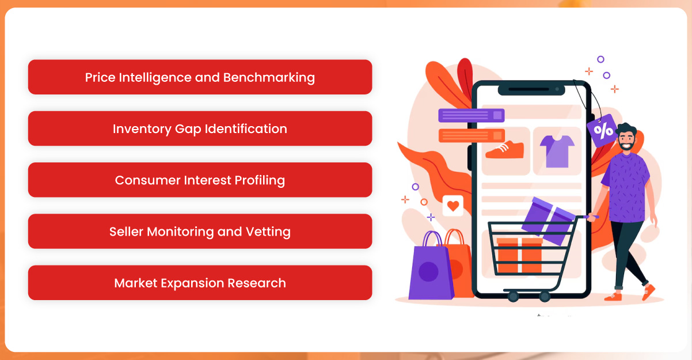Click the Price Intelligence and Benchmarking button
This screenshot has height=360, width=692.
click(200, 77)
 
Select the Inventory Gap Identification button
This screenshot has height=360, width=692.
click(200, 128)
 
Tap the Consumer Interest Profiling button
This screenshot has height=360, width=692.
click(200, 180)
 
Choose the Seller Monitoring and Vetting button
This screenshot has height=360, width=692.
click(200, 232)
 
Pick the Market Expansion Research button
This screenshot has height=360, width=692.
click(200, 283)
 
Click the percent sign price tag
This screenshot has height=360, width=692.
click(603, 130)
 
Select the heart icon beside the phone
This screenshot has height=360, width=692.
click(453, 206)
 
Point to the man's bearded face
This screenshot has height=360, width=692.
click(626, 138)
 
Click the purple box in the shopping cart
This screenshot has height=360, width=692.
click(550, 218)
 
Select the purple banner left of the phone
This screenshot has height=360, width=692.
click(471, 115)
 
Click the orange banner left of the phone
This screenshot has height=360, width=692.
click(471, 135)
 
